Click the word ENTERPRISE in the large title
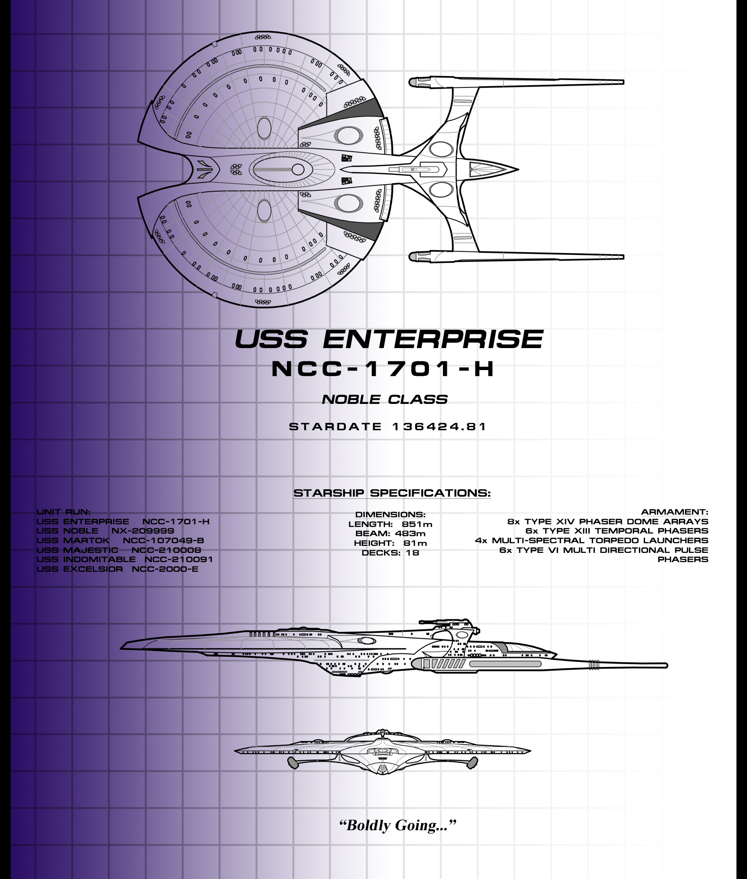(x=433, y=339)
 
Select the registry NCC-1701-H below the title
(x=383, y=369)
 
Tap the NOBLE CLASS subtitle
(x=384, y=400)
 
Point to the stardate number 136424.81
(x=439, y=427)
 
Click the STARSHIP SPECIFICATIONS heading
(x=392, y=493)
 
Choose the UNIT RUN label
(x=63, y=512)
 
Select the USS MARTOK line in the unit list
(x=120, y=541)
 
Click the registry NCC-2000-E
(x=165, y=569)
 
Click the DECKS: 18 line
(x=390, y=553)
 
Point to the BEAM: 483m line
(x=390, y=534)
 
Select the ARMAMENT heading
(x=674, y=512)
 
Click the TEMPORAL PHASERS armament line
(x=617, y=531)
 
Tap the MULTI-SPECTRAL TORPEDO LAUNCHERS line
(x=591, y=541)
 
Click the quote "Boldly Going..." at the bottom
(x=398, y=825)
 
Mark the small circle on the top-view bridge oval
(x=298, y=170)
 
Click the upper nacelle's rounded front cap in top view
(x=415, y=82)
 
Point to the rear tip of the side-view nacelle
(x=666, y=666)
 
